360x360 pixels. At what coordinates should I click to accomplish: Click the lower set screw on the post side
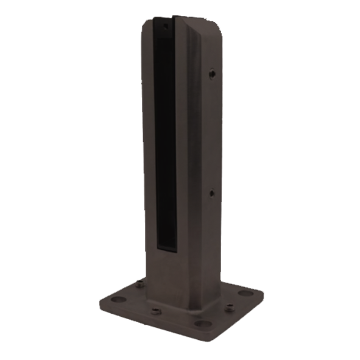[211, 193]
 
